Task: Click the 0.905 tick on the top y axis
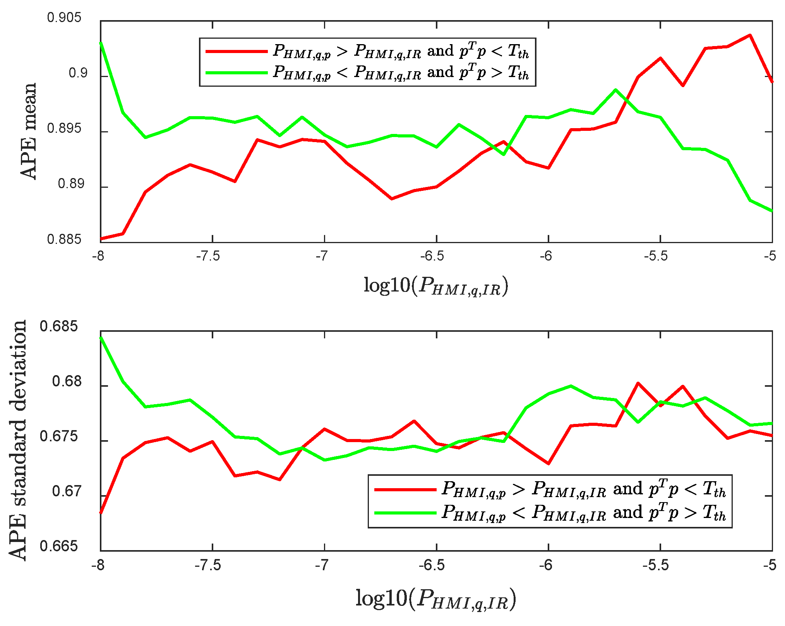(x=64, y=17)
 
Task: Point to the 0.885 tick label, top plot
(x=64, y=239)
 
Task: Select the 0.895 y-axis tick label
(x=64, y=129)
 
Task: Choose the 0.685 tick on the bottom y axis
(x=58, y=326)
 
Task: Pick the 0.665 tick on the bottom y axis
(x=58, y=546)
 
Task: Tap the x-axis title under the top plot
(x=435, y=286)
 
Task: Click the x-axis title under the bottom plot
(x=435, y=599)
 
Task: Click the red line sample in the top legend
(x=236, y=51)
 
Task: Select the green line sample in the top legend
(x=236, y=72)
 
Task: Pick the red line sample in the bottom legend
(x=405, y=490)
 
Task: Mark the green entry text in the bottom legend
(x=583, y=513)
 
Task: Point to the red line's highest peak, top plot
(x=750, y=35)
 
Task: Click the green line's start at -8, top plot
(x=101, y=43)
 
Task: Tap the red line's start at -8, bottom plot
(x=101, y=512)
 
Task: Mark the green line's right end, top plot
(x=772, y=211)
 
